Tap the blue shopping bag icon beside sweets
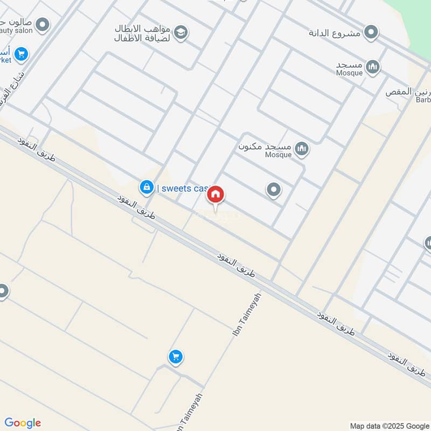click(x=145, y=187)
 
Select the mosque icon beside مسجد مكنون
click(x=302, y=148)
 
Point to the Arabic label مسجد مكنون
click(x=265, y=146)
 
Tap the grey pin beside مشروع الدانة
click(x=371, y=32)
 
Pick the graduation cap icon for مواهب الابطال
click(x=181, y=32)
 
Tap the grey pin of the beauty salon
click(x=42, y=25)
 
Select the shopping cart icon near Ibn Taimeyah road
click(x=175, y=357)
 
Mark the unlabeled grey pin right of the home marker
click(x=274, y=190)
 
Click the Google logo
click(x=23, y=423)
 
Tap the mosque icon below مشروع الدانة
click(x=372, y=67)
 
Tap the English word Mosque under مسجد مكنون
click(x=279, y=155)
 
